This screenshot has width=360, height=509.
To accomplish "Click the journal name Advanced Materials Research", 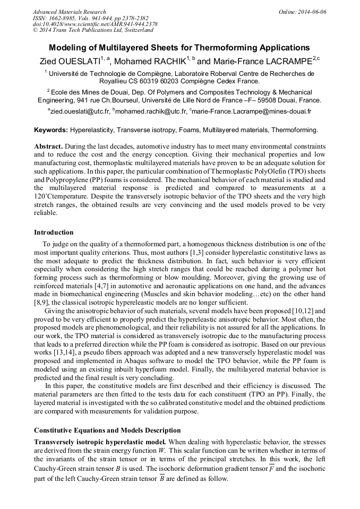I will tap(69, 12).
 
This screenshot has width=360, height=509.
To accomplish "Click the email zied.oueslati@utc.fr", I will tap(80, 111).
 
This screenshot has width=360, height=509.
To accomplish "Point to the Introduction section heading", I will tap(54, 232).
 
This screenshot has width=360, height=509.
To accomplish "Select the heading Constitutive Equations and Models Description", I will tap(107, 430).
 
